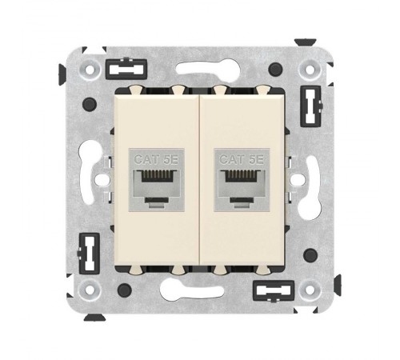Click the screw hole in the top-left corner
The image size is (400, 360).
(87, 69)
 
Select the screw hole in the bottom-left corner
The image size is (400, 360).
(87, 286)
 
